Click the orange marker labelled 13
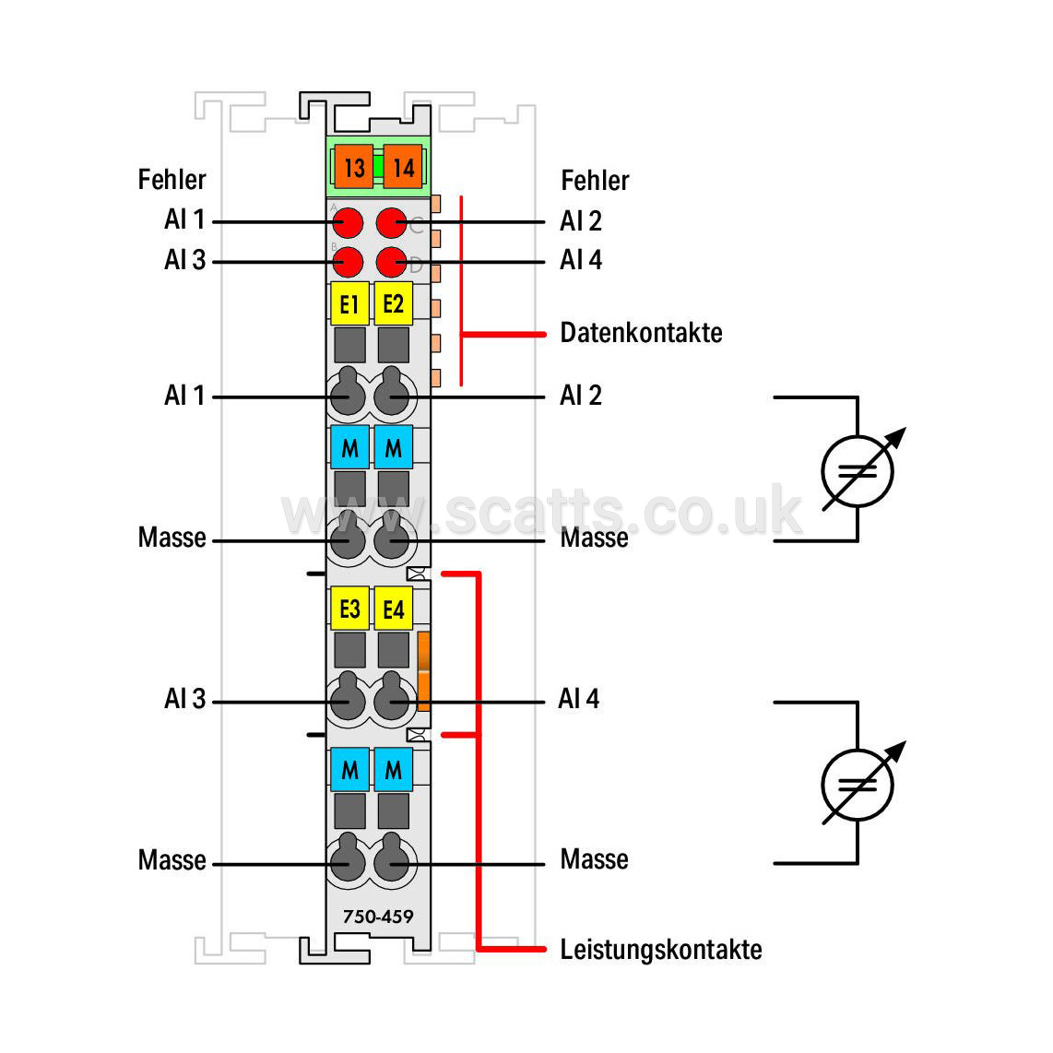(354, 167)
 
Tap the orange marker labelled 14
(403, 167)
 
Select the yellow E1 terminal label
(349, 304)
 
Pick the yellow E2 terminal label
(394, 304)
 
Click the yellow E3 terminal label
(349, 609)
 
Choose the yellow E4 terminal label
(394, 609)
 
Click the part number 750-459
(378, 916)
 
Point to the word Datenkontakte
(642, 333)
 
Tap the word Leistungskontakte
(661, 950)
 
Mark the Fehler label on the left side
(172, 180)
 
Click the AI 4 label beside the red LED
(581, 260)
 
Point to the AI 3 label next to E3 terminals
(184, 698)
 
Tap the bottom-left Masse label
(172, 860)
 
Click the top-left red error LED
(348, 222)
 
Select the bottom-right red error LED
(392, 262)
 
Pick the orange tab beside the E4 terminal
(424, 671)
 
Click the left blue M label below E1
(349, 447)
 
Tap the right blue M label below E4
(394, 770)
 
